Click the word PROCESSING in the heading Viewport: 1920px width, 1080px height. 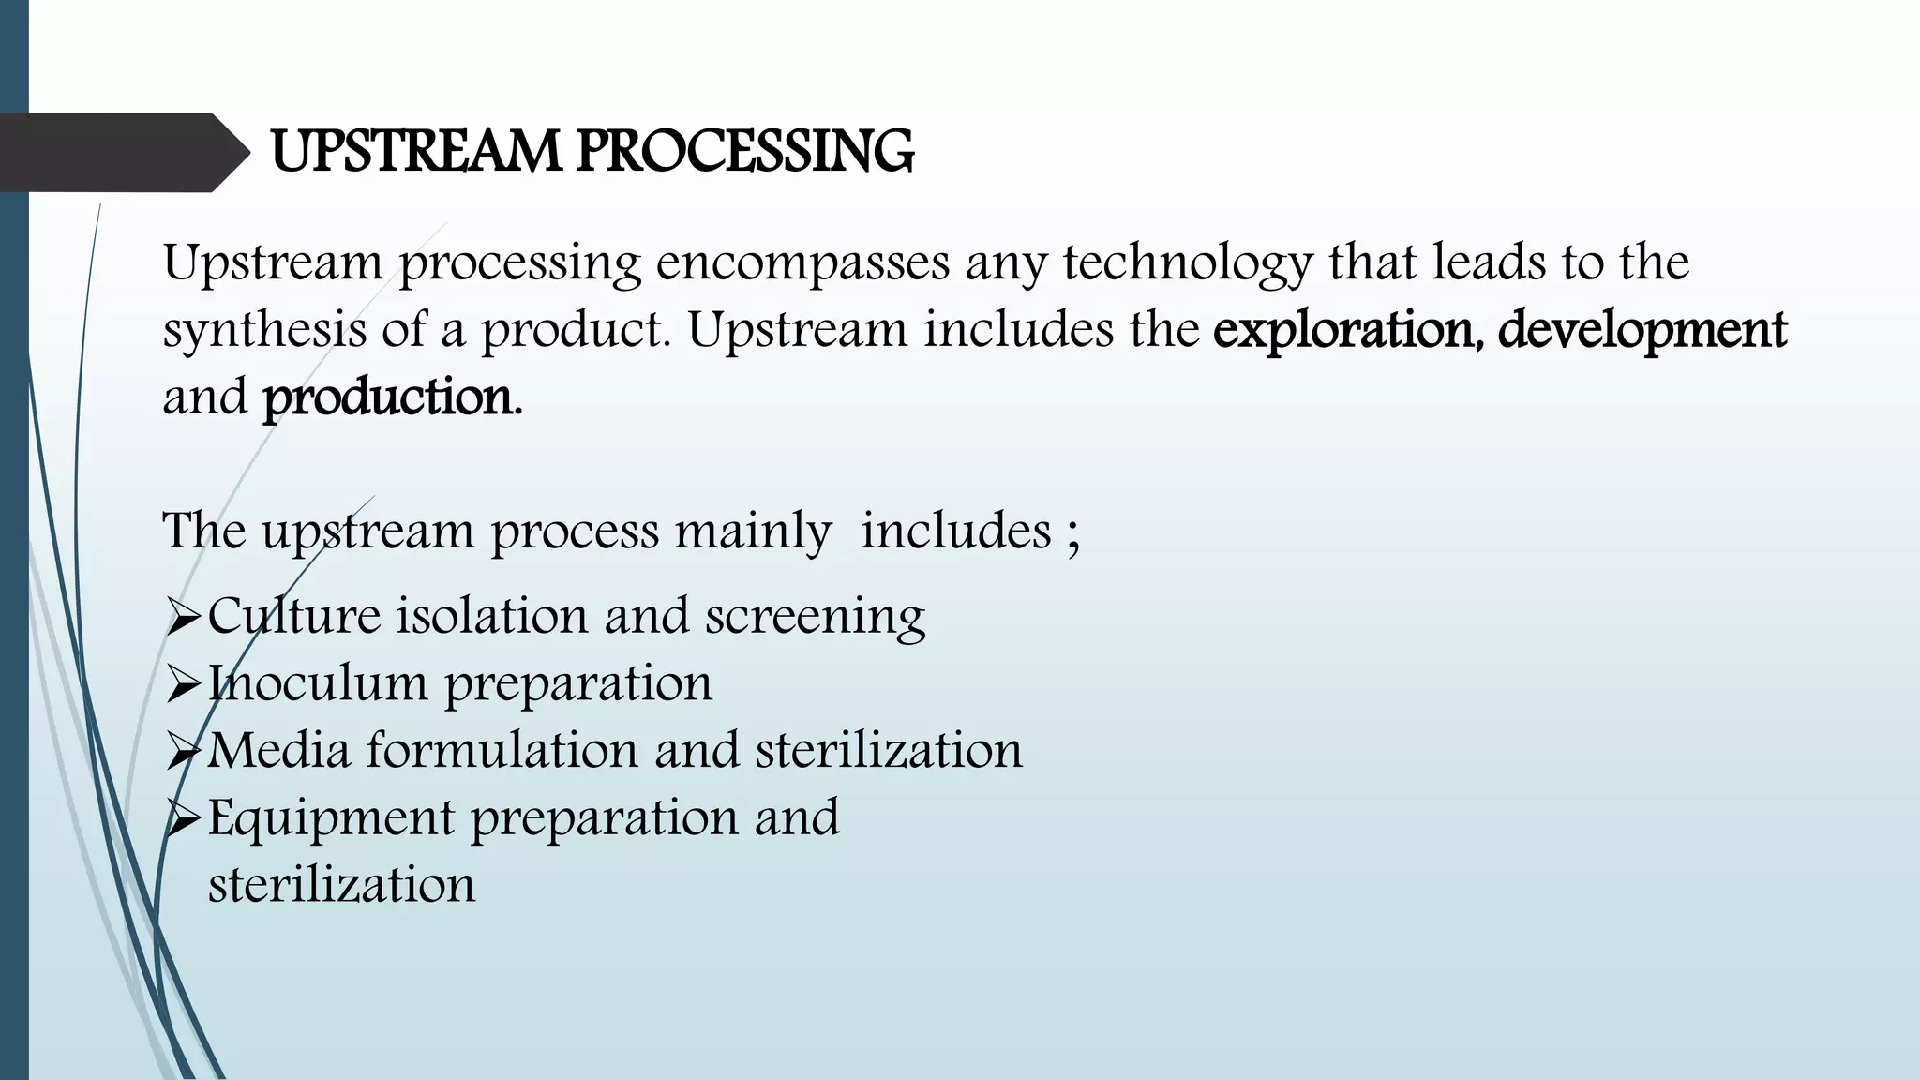tap(744, 152)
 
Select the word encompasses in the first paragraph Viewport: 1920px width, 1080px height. tap(802, 263)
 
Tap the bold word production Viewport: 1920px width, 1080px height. tap(392, 398)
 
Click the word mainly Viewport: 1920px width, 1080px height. tap(753, 532)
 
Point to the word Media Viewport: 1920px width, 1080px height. tap(278, 751)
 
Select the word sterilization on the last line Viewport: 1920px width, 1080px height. tap(341, 885)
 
